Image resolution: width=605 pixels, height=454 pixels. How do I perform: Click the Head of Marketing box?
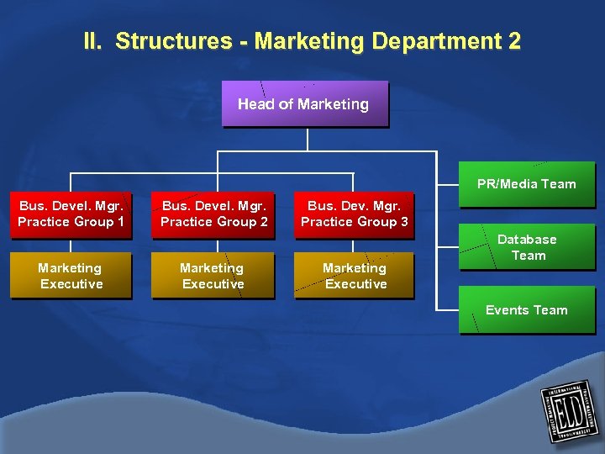(x=304, y=104)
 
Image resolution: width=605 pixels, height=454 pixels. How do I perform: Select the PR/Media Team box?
(x=526, y=184)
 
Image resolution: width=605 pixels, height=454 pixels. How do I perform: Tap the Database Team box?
(x=527, y=247)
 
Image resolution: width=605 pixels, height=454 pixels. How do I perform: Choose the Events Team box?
(x=526, y=310)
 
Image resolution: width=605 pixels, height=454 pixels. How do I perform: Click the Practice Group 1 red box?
(x=71, y=214)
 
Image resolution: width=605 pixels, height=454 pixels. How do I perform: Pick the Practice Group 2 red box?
(x=213, y=214)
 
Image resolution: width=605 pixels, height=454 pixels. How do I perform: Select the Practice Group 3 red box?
(x=354, y=214)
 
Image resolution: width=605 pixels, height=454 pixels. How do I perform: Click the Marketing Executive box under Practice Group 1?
(x=71, y=276)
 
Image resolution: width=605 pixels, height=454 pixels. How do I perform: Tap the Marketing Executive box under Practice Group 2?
(x=213, y=276)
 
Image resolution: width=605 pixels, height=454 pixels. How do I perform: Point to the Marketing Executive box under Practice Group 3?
(x=354, y=276)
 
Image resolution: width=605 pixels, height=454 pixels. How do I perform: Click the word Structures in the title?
(x=173, y=41)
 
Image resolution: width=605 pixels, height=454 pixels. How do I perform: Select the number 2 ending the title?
(x=514, y=41)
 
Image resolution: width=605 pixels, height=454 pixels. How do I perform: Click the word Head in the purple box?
(x=254, y=104)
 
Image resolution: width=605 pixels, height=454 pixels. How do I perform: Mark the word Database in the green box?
(x=527, y=240)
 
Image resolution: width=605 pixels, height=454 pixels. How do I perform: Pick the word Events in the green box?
(x=507, y=310)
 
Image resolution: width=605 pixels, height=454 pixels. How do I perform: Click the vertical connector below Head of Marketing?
(x=308, y=140)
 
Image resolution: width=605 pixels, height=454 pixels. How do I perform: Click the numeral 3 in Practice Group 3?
(x=403, y=222)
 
